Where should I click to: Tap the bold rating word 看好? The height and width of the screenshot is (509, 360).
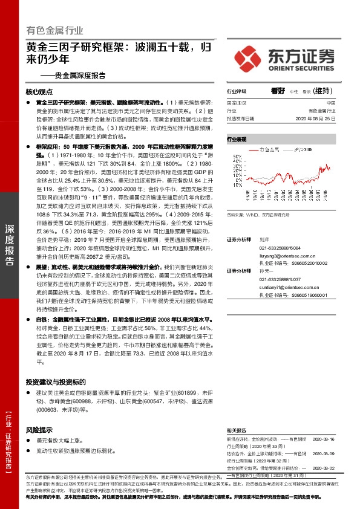click(x=278, y=91)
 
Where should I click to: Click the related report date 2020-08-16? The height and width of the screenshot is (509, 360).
click(x=323, y=438)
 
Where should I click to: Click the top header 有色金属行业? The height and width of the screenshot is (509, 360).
click(x=55, y=30)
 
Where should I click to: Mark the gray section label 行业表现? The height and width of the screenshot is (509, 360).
click(x=237, y=139)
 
